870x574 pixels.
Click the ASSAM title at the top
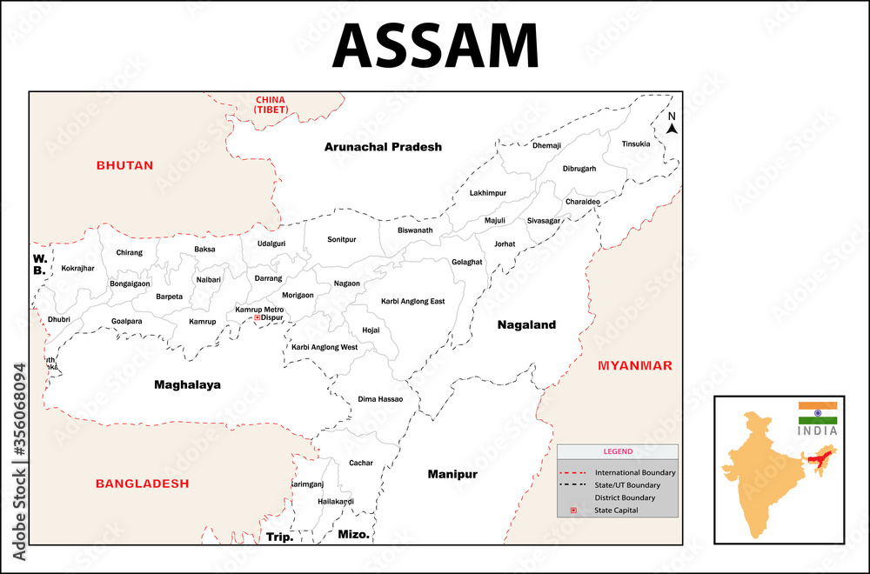tap(435, 45)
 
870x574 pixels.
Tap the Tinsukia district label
tap(635, 143)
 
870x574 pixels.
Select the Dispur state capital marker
tap(257, 318)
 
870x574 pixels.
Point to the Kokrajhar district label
tap(77, 268)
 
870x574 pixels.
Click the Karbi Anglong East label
tap(412, 301)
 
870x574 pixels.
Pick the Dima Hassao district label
tap(380, 399)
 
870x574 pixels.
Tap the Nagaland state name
tap(526, 324)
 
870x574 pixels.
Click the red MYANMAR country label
tap(634, 365)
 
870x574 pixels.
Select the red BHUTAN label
tap(124, 164)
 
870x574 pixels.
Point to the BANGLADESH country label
tap(142, 483)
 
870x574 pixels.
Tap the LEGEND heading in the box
tap(618, 451)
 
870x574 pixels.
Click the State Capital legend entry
tap(616, 511)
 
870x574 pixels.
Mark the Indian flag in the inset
tap(818, 413)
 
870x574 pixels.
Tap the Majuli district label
tap(495, 221)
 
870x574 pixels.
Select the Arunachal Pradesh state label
tap(383, 147)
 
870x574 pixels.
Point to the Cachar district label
tap(360, 463)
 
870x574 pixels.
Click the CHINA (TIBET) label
tap(270, 104)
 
